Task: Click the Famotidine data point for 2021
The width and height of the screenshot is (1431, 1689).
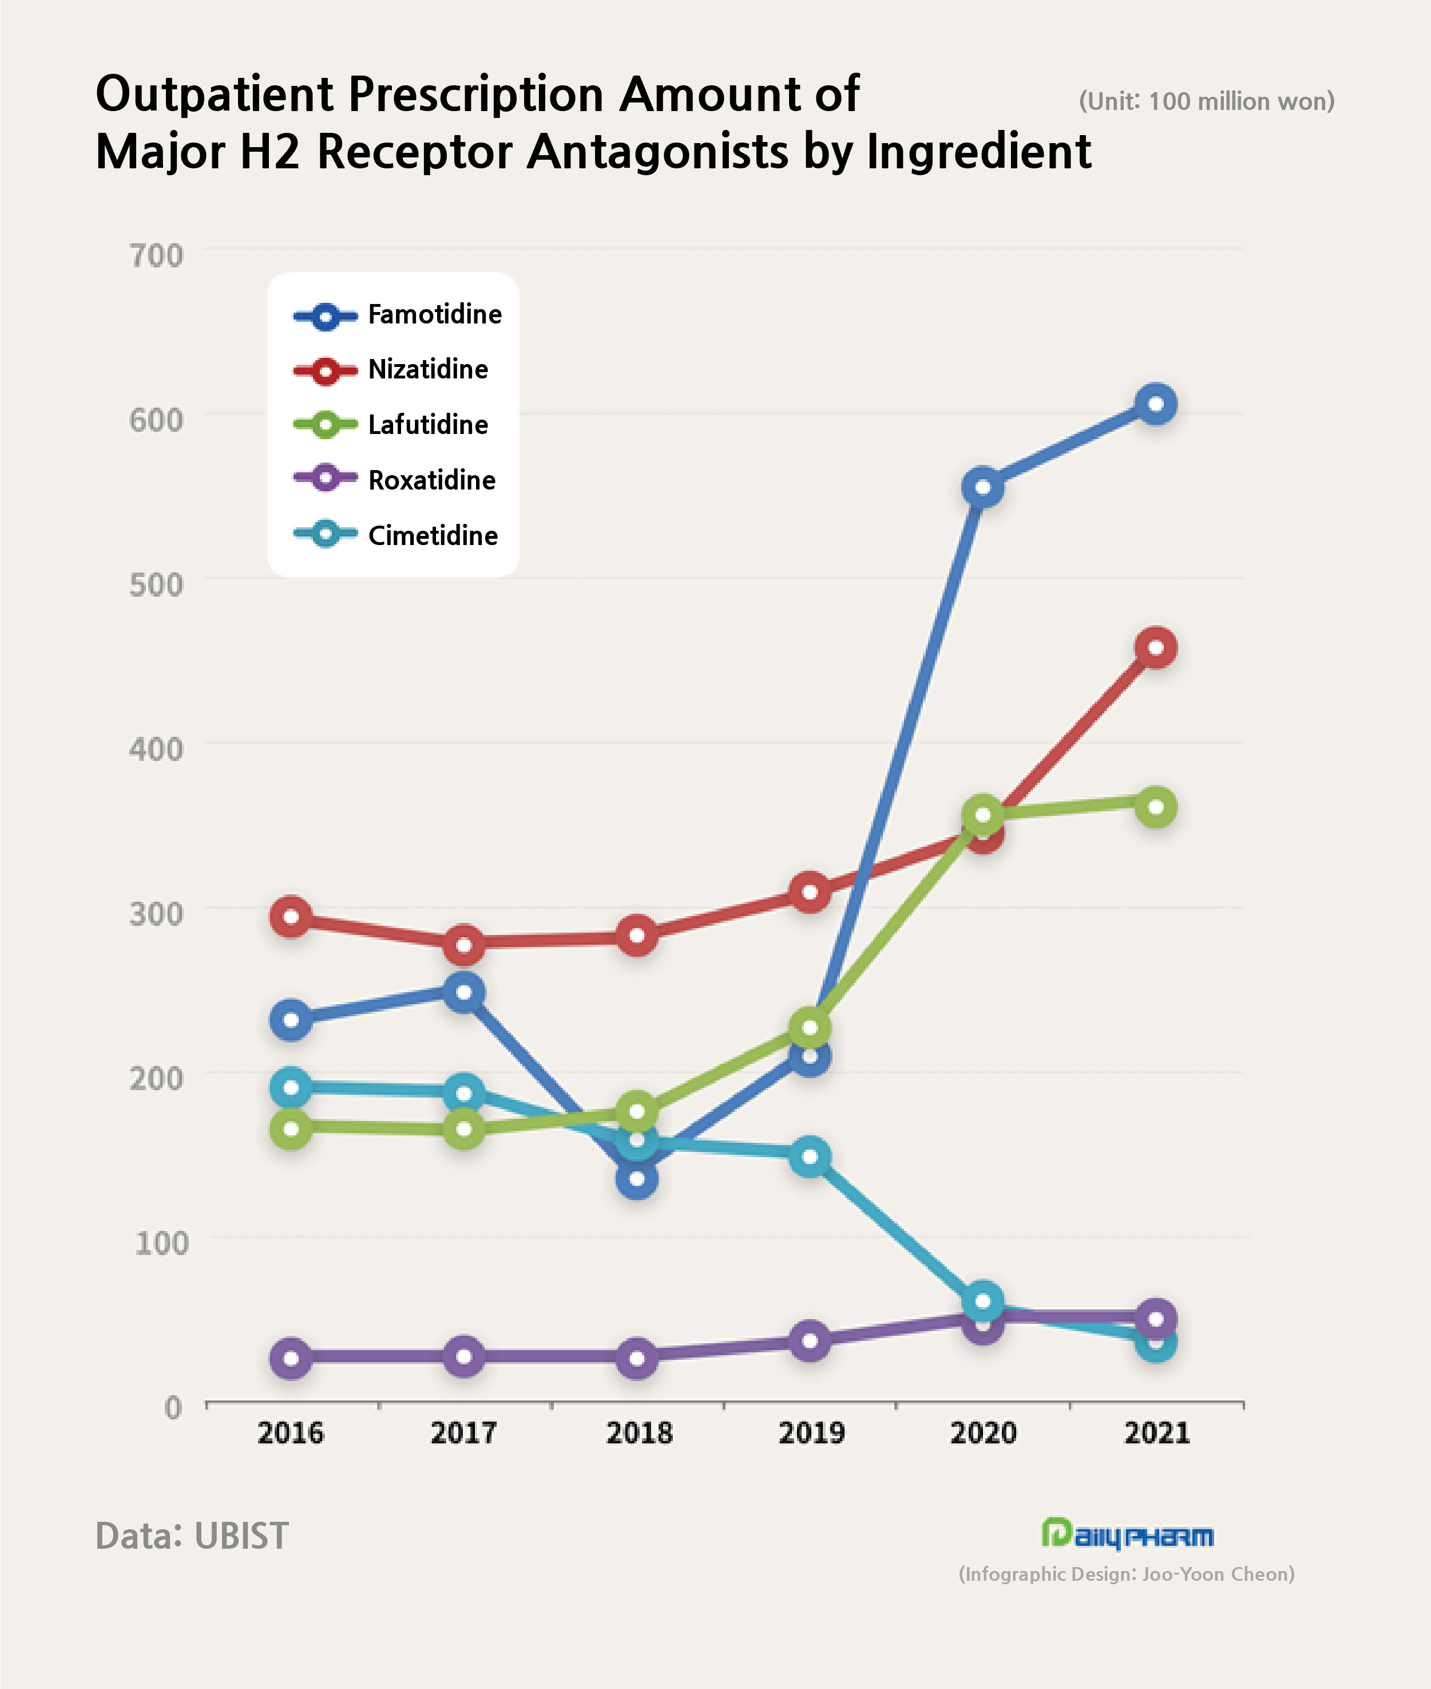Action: click(1156, 404)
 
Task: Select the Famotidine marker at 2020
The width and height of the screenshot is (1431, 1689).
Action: click(982, 488)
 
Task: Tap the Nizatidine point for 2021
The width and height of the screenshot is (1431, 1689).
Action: click(1156, 648)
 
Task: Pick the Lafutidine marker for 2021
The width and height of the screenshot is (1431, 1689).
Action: click(1156, 807)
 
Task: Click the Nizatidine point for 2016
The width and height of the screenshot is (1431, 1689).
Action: click(291, 917)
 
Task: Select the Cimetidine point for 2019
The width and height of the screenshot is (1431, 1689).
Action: click(810, 1157)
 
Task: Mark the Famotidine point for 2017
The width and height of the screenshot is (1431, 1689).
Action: click(463, 993)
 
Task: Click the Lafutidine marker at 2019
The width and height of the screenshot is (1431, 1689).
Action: click(810, 1028)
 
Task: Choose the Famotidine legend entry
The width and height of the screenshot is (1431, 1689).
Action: click(434, 315)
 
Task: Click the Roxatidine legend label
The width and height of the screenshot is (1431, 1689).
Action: click(431, 480)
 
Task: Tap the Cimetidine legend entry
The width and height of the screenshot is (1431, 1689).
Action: click(433, 536)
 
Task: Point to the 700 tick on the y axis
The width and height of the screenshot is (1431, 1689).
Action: click(157, 256)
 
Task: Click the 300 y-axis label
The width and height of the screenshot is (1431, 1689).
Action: click(157, 914)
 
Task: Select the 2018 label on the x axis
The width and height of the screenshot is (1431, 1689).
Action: click(639, 1433)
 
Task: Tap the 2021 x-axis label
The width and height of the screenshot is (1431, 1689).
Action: click(1157, 1433)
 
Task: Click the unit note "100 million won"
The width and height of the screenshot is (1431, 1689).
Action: click(1206, 101)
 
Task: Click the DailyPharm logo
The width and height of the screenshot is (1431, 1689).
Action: click(1128, 1534)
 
